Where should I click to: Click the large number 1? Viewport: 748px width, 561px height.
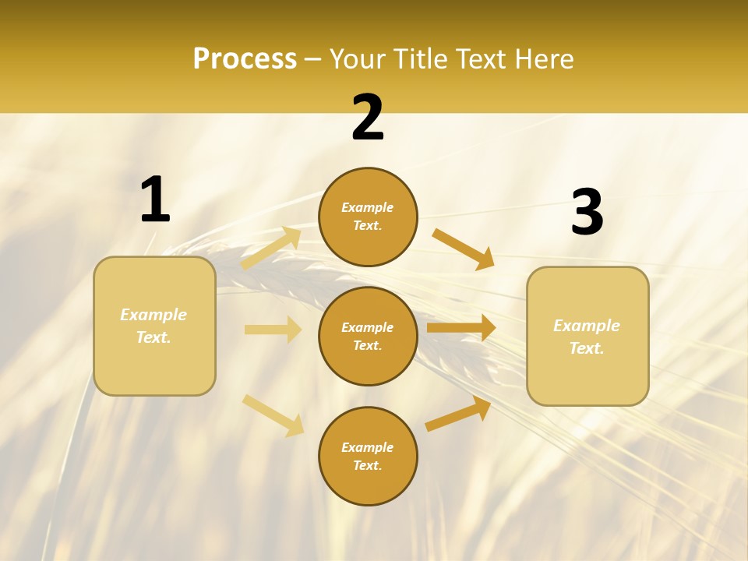tap(155, 200)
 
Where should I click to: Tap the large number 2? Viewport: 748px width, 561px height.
tap(368, 118)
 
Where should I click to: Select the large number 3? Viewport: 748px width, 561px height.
tap(587, 213)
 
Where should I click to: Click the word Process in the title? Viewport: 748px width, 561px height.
tap(245, 58)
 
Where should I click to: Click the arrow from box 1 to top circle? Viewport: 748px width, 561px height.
tap(271, 249)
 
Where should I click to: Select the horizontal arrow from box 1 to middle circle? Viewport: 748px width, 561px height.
tap(273, 330)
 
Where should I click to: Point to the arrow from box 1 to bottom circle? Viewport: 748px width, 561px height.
tap(273, 415)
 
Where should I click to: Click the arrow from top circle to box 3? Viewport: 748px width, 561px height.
tap(464, 249)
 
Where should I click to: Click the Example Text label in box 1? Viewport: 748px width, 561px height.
tap(153, 326)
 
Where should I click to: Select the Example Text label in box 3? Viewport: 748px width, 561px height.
tap(587, 337)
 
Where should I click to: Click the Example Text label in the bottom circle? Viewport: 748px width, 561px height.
tap(368, 457)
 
